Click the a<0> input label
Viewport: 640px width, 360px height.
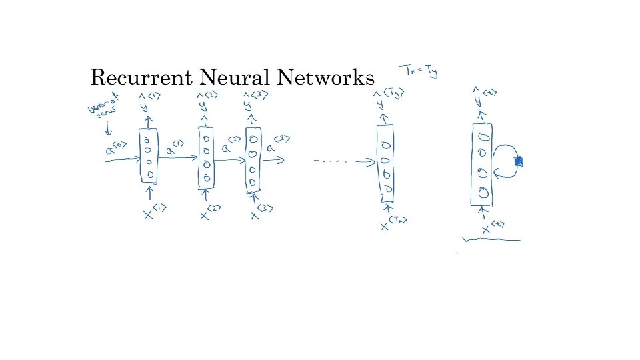tap(115, 151)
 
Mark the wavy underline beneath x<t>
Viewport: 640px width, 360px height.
tap(493, 239)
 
